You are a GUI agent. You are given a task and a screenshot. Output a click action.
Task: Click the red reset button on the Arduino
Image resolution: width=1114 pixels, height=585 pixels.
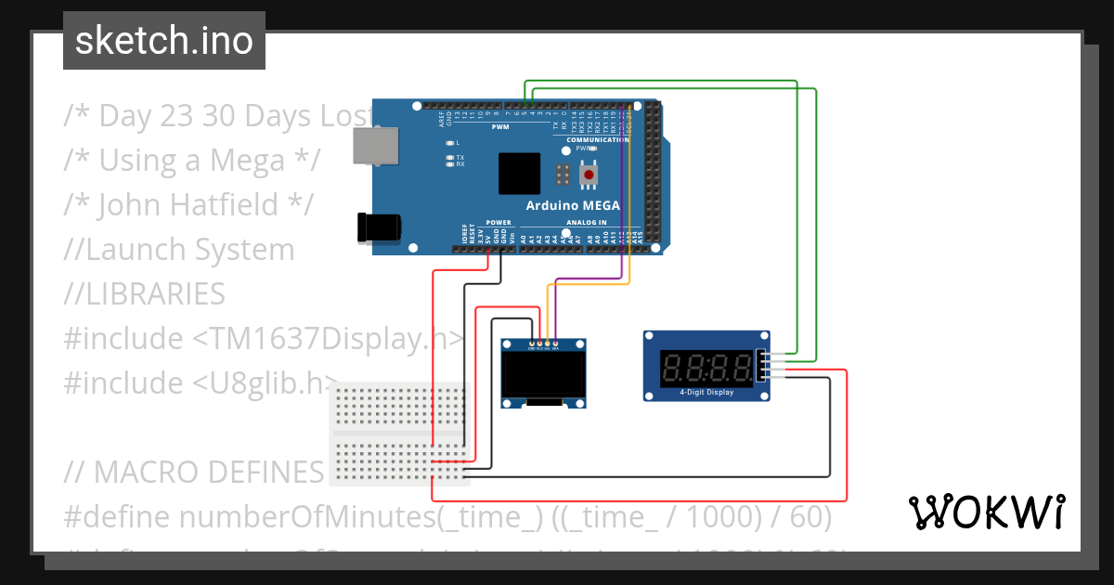(x=589, y=174)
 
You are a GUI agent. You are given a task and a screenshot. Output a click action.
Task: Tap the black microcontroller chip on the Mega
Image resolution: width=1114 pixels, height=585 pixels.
(x=518, y=174)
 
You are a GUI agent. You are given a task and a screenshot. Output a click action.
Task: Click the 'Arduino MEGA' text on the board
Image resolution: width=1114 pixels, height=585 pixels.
(x=573, y=206)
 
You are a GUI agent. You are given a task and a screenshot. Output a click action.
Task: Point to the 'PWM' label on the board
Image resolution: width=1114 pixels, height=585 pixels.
(x=499, y=127)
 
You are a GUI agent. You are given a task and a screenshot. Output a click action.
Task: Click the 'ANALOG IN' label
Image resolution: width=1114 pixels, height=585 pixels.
(x=583, y=223)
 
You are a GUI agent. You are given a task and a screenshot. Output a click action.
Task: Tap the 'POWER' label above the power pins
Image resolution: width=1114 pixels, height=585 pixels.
(x=499, y=223)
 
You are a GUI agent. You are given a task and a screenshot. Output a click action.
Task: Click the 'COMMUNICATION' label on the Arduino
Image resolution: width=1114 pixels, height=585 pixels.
(x=604, y=139)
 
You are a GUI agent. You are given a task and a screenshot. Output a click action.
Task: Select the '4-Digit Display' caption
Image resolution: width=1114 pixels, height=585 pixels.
(x=706, y=392)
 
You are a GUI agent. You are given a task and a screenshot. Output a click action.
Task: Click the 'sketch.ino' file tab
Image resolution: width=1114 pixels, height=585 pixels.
(x=163, y=41)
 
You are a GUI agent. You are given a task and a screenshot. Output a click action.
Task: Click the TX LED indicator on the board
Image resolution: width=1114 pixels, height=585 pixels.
(x=449, y=157)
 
